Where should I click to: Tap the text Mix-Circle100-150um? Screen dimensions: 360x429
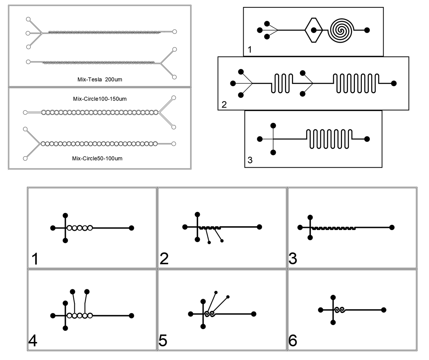click(100, 99)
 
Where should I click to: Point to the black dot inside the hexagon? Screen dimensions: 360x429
click(314, 30)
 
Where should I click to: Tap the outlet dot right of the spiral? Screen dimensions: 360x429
click(367, 30)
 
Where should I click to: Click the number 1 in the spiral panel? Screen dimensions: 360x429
click(250, 49)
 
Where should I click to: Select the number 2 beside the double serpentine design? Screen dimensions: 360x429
click(224, 105)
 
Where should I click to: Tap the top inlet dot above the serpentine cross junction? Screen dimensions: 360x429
click(273, 126)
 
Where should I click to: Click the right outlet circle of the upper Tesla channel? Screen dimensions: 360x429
click(175, 32)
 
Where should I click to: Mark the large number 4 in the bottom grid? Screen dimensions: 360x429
click(33, 342)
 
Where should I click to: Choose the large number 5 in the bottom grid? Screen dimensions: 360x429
click(163, 342)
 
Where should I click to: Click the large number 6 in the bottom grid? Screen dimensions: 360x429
click(293, 342)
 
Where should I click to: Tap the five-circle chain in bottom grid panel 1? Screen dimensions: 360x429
click(80, 228)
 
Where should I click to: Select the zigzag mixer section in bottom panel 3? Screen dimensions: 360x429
click(334, 228)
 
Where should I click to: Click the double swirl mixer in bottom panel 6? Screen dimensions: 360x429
click(339, 310)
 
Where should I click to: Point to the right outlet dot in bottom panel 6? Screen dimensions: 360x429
click(384, 310)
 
